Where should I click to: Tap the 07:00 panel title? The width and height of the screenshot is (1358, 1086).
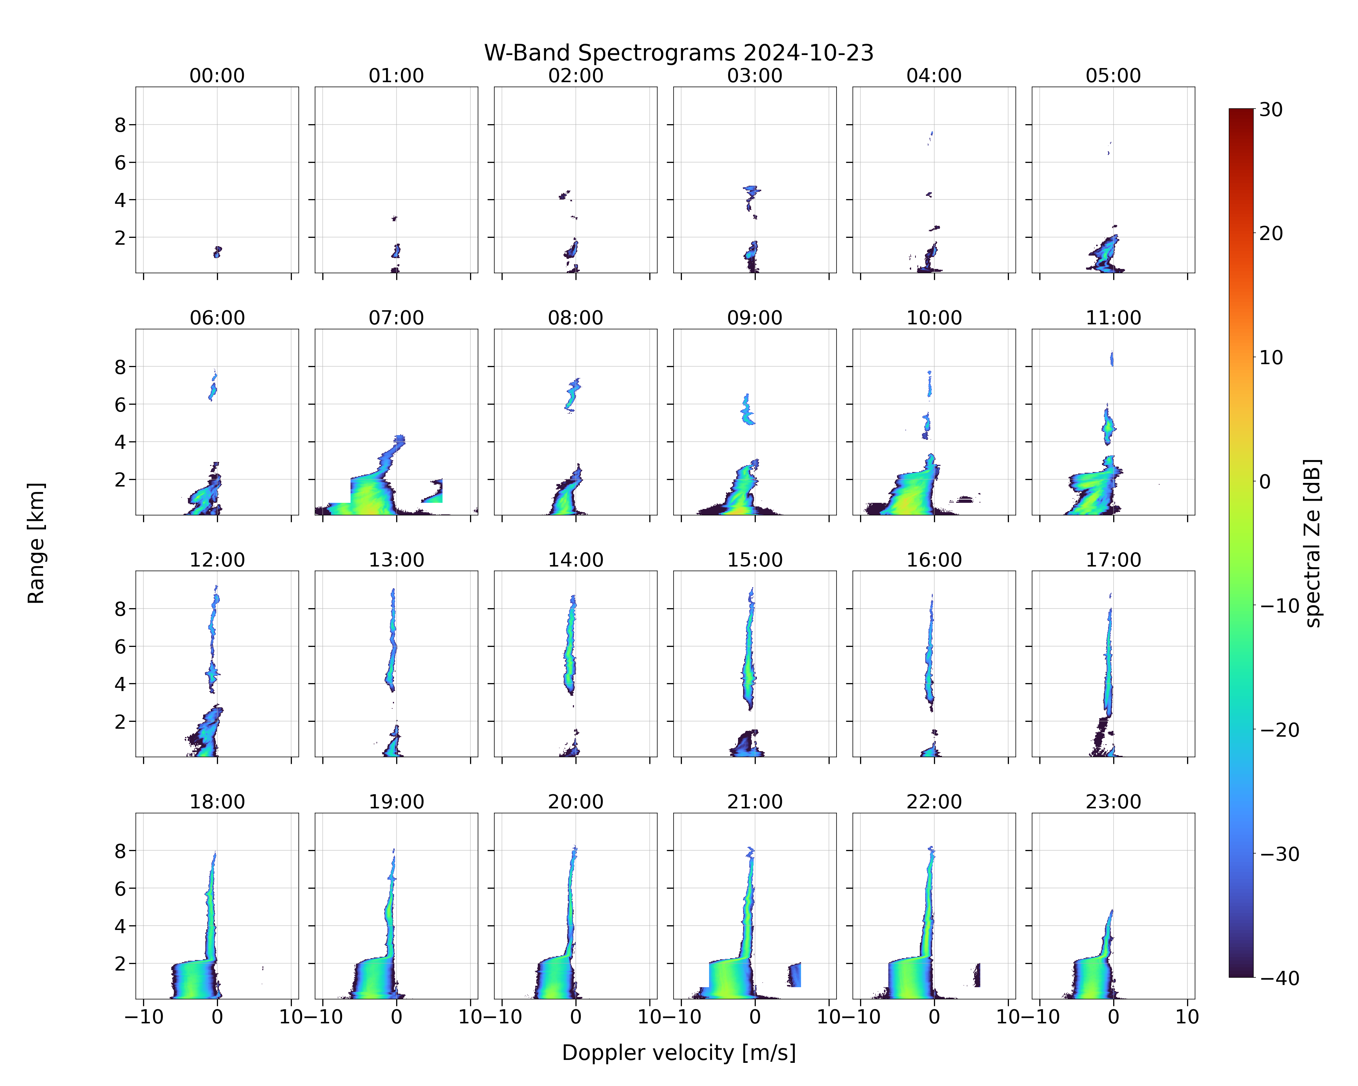pos(396,318)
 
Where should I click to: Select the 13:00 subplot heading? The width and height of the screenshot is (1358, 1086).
pos(396,560)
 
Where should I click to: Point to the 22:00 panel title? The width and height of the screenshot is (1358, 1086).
pos(934,801)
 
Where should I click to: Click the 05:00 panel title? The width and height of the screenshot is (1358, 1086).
pos(1113,76)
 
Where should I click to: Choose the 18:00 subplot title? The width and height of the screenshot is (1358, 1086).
pos(217,801)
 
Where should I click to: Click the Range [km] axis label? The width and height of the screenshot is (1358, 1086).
pos(36,543)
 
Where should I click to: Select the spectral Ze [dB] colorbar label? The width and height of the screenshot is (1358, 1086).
pos(1312,543)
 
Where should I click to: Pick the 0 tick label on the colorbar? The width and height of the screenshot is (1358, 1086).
pos(1265,481)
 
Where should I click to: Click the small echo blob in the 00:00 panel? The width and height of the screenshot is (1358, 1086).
pos(217,252)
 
